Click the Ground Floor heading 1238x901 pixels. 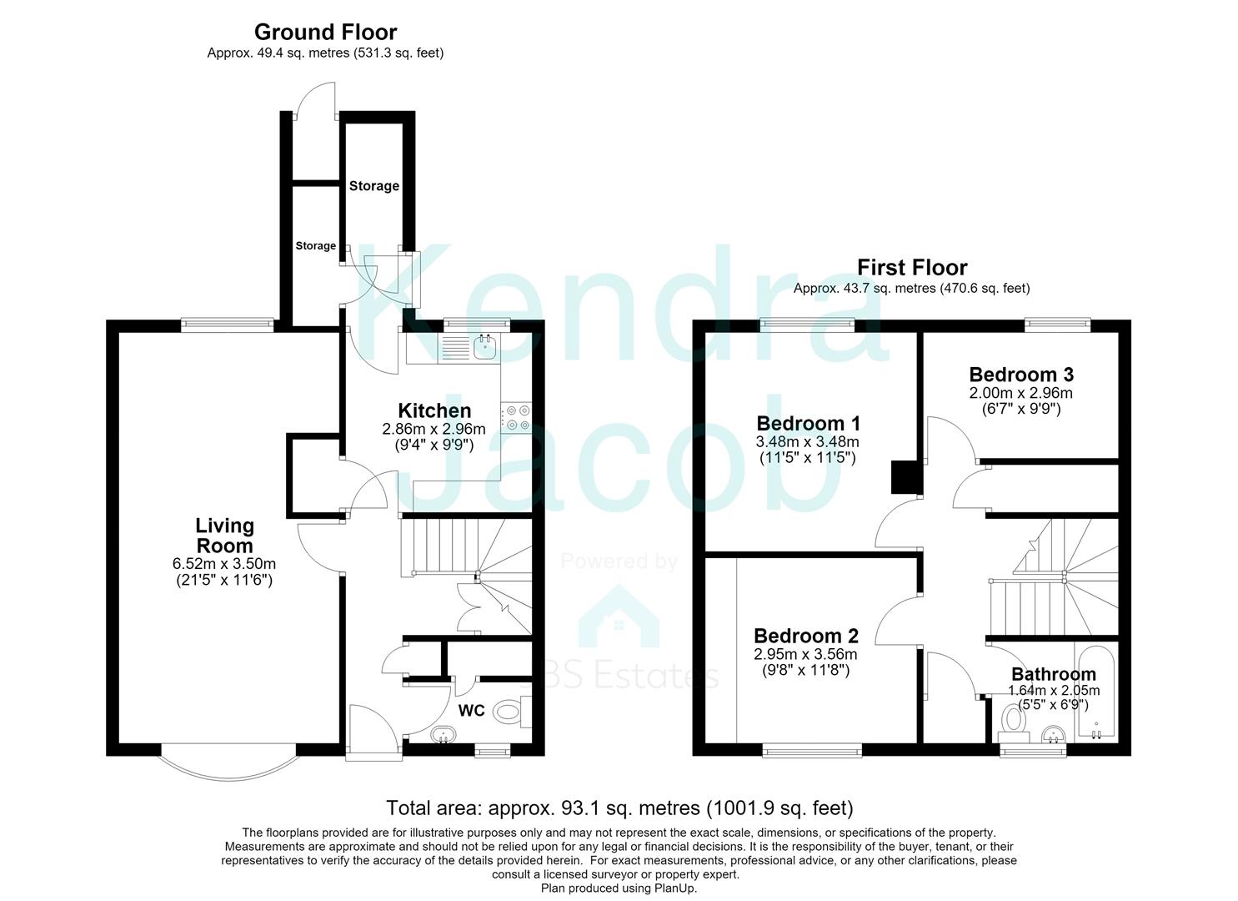325,32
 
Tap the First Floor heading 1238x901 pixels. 912,268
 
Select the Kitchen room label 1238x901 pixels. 434,410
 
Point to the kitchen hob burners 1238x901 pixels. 518,418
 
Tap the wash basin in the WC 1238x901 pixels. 443,734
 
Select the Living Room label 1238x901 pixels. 225,536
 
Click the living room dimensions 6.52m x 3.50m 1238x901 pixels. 224,564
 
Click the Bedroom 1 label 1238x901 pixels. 808,423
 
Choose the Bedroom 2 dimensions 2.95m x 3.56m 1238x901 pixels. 805,654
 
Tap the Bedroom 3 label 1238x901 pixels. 1020,375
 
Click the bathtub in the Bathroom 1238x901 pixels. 1096,691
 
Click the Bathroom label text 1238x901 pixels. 1054,674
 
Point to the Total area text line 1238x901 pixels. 619,808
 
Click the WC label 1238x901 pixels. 471,710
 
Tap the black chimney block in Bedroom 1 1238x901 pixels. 905,477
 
